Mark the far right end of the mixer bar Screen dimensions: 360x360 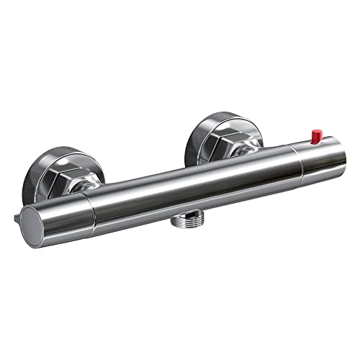click(335, 150)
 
